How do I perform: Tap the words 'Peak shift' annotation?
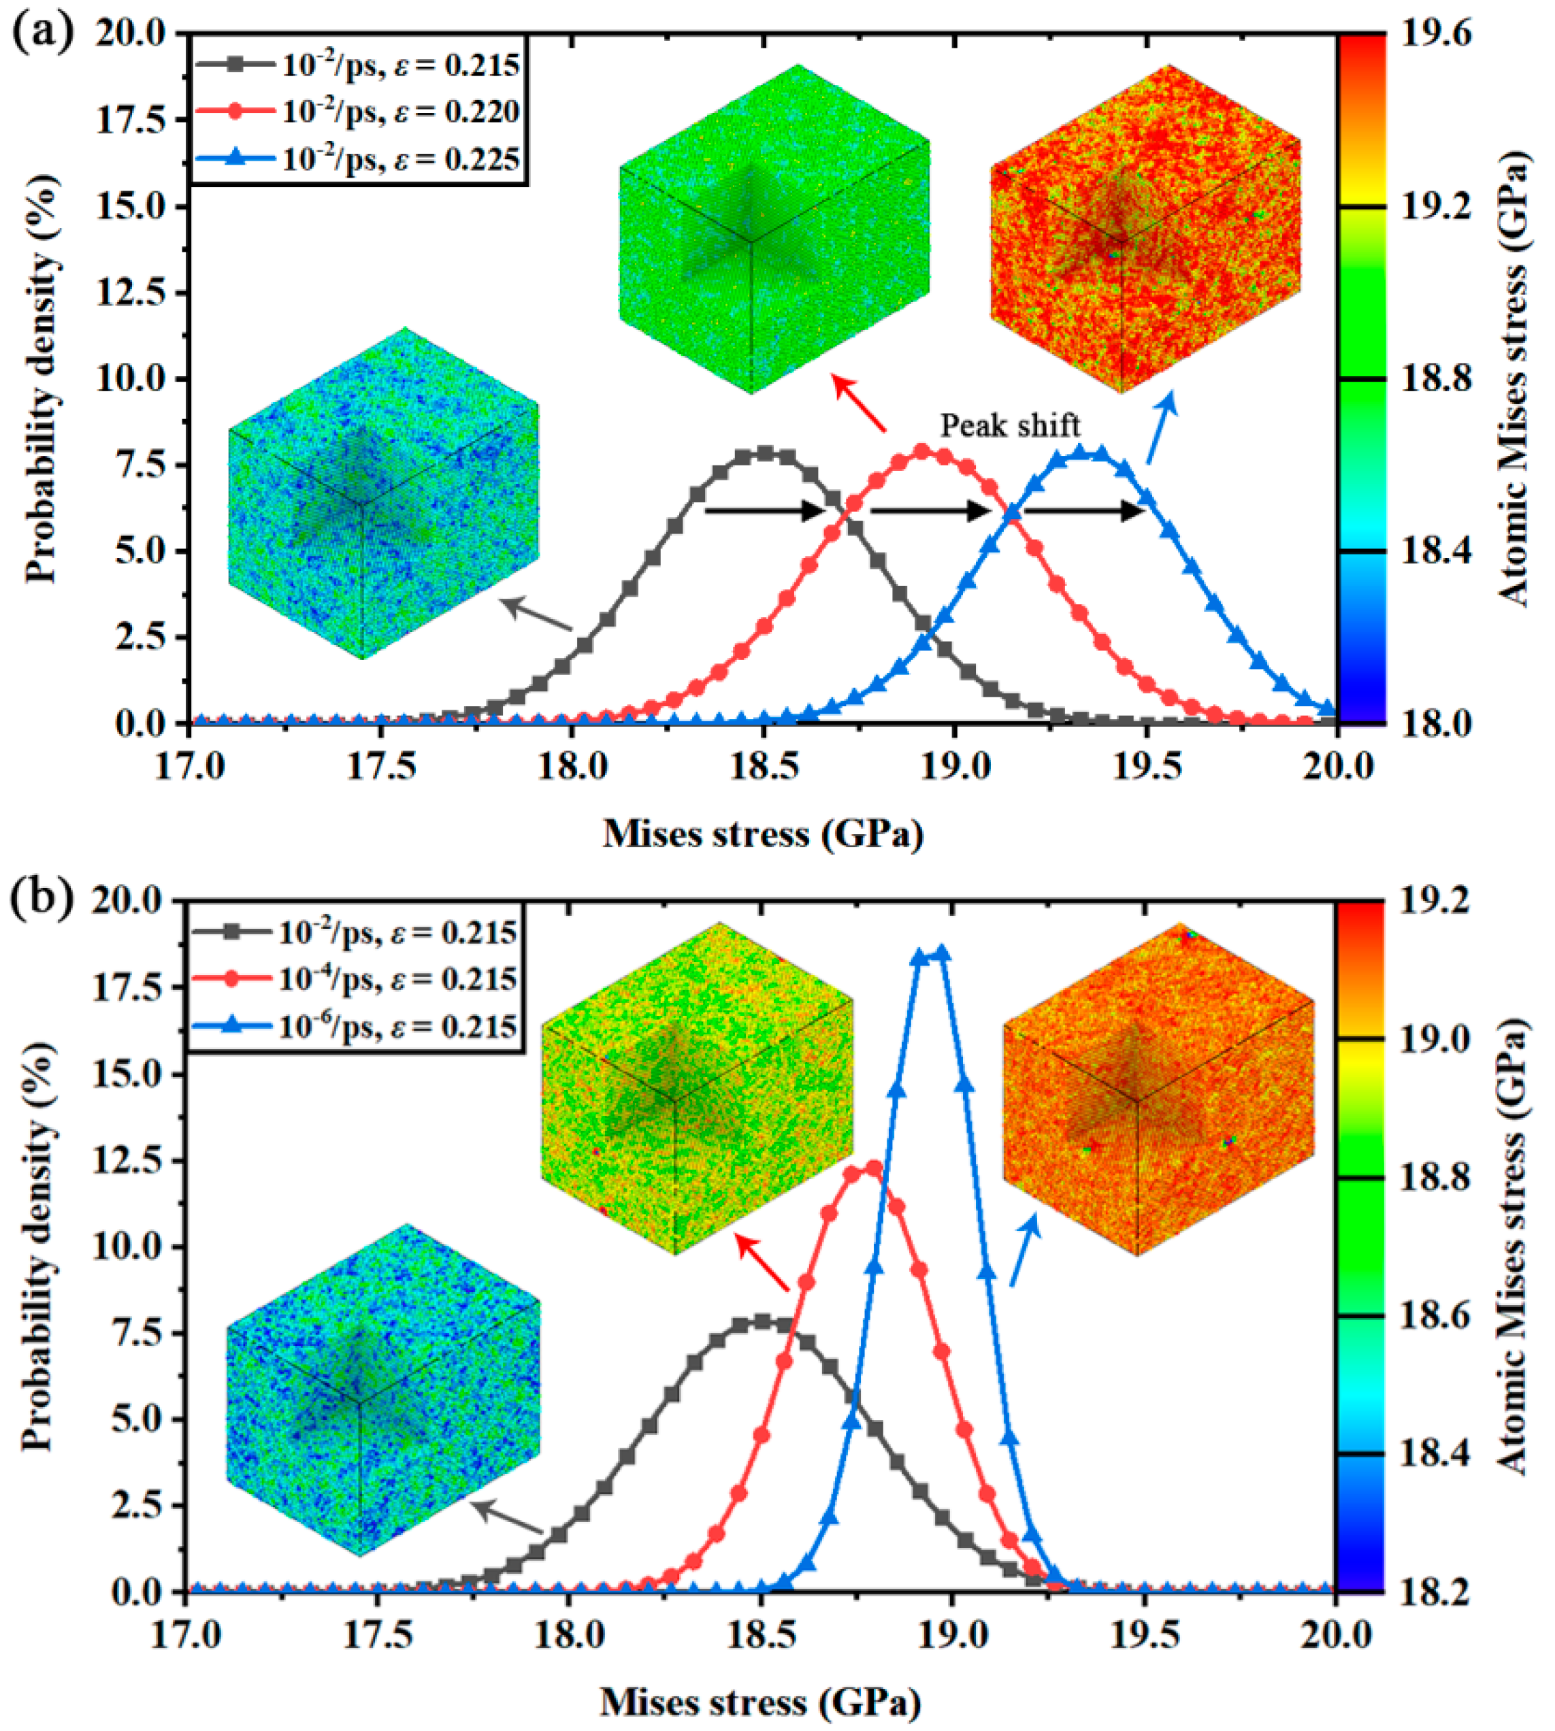click(1010, 425)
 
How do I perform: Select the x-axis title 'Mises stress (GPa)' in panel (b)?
click(762, 1702)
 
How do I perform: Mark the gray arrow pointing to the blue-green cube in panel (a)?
click(536, 614)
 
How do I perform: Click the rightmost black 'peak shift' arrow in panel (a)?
click(1083, 511)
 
